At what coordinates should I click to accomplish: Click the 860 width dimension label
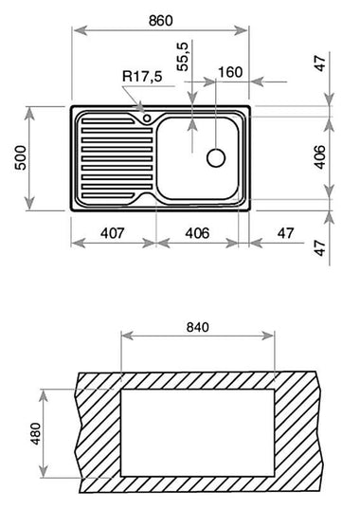(161, 21)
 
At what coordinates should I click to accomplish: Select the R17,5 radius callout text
(142, 77)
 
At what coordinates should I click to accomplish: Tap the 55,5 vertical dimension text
(183, 57)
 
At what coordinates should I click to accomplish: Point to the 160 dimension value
(230, 72)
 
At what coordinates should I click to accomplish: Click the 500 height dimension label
(21, 157)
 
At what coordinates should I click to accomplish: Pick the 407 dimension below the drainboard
(112, 233)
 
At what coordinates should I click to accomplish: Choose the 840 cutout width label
(197, 327)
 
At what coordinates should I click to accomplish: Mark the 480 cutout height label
(35, 433)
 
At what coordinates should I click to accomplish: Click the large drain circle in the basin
(216, 157)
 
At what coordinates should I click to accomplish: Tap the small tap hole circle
(147, 118)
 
